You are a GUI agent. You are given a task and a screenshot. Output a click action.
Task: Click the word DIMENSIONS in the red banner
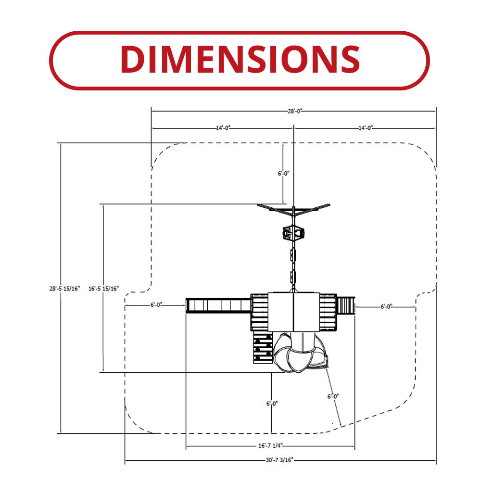[240, 59]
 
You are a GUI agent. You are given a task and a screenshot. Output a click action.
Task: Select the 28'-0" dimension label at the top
[295, 111]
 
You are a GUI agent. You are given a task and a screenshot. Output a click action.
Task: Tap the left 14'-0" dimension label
[223, 128]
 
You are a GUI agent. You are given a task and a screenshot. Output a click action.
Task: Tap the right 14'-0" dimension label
[366, 128]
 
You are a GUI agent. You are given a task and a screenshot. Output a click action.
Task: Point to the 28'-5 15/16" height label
[64, 288]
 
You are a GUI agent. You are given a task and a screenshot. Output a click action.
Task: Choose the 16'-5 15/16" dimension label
[103, 288]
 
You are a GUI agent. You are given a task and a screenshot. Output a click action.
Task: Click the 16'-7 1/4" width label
[270, 445]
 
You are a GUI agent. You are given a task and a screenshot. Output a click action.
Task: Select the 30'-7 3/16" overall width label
[279, 460]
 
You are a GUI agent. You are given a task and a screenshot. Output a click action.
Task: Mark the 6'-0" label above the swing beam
[283, 174]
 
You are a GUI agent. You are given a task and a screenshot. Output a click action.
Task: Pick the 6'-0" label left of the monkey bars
[156, 305]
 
